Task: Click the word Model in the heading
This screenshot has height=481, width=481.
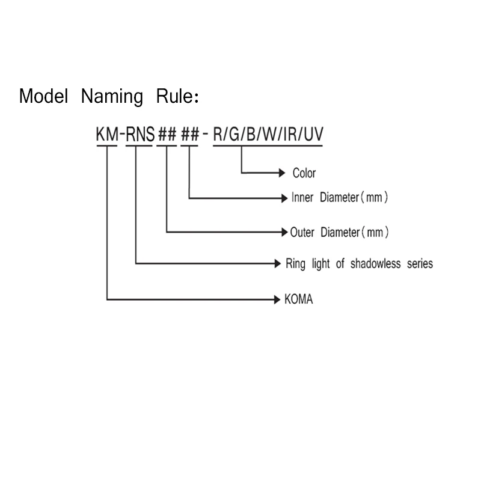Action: coord(43,96)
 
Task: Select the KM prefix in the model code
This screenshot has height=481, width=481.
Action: coord(107,134)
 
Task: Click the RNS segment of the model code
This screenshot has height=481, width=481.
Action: coord(140,134)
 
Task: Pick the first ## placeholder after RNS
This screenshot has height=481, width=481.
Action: coord(167,134)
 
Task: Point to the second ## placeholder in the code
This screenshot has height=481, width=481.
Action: coord(190,134)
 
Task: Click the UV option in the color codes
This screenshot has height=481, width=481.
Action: coord(313,134)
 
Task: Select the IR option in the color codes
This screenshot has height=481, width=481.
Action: coord(290,134)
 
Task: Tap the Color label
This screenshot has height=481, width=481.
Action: coord(304,173)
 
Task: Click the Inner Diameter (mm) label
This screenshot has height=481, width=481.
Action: coord(340,197)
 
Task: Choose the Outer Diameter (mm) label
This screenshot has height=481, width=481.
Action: coord(339,232)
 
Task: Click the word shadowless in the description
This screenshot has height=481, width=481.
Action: coord(375,263)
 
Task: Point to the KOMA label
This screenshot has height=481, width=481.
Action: coord(298,299)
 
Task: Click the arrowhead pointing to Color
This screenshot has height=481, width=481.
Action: coord(282,173)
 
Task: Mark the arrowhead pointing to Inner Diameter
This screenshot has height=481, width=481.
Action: coord(284,198)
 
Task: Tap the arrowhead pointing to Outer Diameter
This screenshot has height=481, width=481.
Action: coord(284,232)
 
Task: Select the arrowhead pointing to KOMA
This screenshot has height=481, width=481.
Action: coord(277,299)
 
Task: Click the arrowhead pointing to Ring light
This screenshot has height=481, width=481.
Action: coord(278,263)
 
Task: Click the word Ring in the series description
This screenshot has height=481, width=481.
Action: coord(295,264)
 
